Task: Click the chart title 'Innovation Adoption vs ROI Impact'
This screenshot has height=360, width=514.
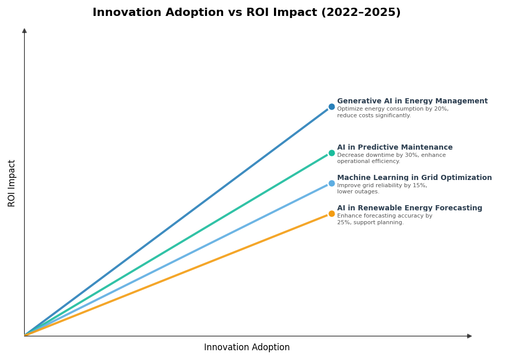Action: [206, 13]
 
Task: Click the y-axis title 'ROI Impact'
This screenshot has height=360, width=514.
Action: [12, 183]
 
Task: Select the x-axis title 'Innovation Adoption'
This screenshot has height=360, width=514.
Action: [247, 348]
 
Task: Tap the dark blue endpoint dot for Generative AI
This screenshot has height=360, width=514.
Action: [332, 107]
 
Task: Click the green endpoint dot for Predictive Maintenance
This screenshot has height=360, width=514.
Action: [332, 153]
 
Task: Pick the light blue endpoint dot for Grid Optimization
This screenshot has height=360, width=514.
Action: [332, 184]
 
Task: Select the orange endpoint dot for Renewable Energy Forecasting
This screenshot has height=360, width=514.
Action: [332, 214]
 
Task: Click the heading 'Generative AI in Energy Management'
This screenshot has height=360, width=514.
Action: [412, 101]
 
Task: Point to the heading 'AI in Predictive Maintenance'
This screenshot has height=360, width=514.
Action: [395, 148]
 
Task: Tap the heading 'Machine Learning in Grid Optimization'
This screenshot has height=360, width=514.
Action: [414, 178]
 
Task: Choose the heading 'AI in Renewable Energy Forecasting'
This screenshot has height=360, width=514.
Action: [410, 208]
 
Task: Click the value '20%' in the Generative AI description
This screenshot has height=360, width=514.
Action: [442, 109]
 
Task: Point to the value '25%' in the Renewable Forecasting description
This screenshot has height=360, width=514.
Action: [343, 223]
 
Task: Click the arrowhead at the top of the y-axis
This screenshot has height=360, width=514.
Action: [24, 31]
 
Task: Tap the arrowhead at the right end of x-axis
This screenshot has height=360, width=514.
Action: [469, 336]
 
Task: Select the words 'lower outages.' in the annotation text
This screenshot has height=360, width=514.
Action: [358, 192]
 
